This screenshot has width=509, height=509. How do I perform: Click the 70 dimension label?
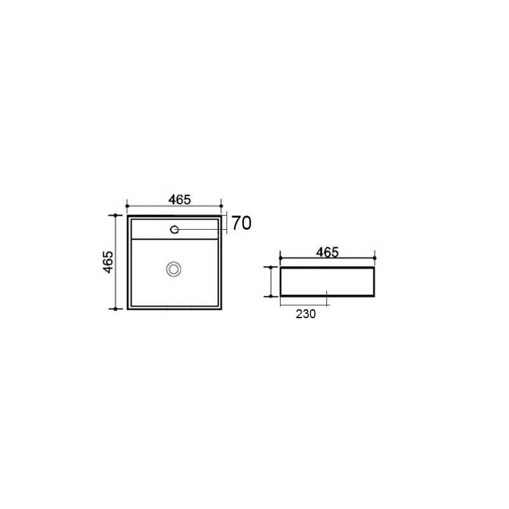[x=241, y=223]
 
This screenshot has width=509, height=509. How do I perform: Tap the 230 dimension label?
[x=306, y=314]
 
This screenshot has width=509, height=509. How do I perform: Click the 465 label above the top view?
[x=179, y=199]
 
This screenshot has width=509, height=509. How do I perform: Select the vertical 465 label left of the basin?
[x=108, y=262]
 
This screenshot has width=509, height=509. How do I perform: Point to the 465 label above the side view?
[x=328, y=252]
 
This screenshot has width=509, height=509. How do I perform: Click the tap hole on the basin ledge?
[x=174, y=230]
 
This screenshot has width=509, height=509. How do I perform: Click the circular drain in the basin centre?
[x=174, y=269]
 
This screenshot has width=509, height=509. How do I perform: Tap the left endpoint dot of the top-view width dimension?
[x=127, y=206]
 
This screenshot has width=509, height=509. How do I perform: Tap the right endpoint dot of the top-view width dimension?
[x=221, y=206]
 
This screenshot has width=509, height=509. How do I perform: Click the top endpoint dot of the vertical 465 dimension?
[x=115, y=215]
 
